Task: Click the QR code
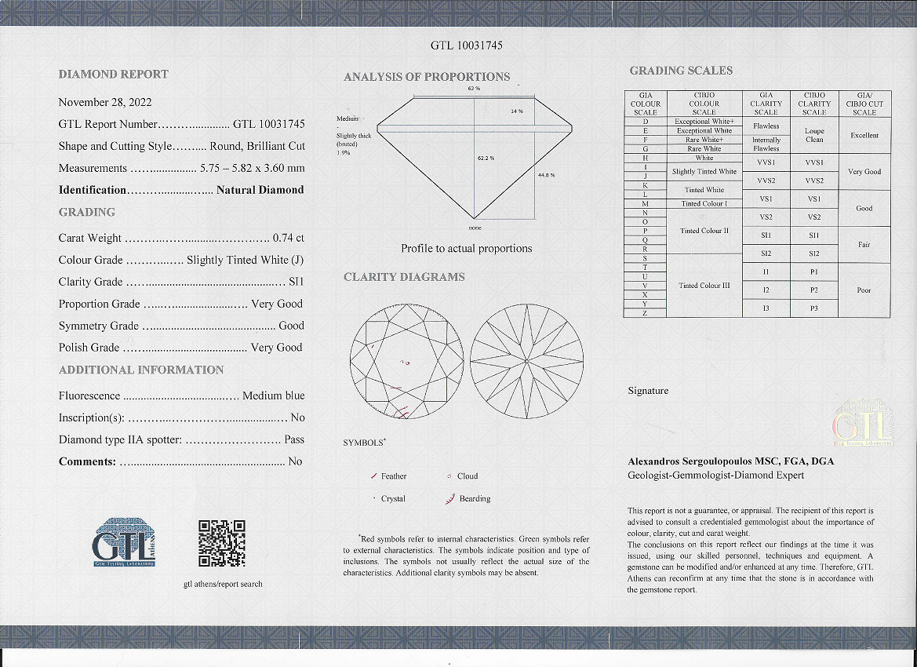pyautogui.click(x=222, y=543)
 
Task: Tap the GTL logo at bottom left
pyautogui.click(x=125, y=541)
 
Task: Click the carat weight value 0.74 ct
pyautogui.click(x=288, y=238)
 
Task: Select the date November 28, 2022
pyautogui.click(x=105, y=102)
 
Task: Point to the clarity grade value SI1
pyautogui.click(x=296, y=282)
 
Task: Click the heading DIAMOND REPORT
pyautogui.click(x=114, y=74)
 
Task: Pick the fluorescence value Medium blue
pyautogui.click(x=273, y=395)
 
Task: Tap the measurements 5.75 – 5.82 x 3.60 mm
pyautogui.click(x=252, y=168)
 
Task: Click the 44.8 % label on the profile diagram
pyautogui.click(x=546, y=174)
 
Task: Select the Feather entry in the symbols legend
pyautogui.click(x=393, y=476)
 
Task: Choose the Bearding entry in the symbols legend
pyautogui.click(x=475, y=498)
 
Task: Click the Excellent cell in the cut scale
pyautogui.click(x=864, y=135)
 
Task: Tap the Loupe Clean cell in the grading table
pyautogui.click(x=814, y=135)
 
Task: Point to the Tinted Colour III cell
pyautogui.click(x=704, y=285)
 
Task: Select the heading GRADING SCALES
pyautogui.click(x=681, y=71)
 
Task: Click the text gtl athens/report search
pyautogui.click(x=223, y=584)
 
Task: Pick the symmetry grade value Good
pyautogui.click(x=291, y=326)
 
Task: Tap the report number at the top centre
pyautogui.click(x=467, y=46)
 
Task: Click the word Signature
pyautogui.click(x=648, y=391)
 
